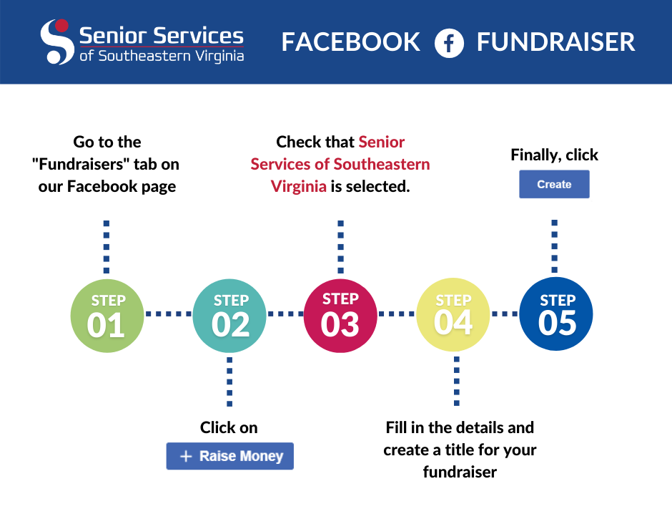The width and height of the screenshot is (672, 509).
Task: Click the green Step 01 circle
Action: (x=107, y=316)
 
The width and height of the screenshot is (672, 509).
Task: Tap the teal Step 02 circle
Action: (x=229, y=316)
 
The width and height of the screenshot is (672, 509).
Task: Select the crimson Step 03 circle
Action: (x=340, y=316)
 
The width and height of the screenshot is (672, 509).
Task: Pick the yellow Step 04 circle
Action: (x=453, y=314)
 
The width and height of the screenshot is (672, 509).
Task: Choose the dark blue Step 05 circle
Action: (x=556, y=314)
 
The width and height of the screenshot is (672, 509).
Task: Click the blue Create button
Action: (x=554, y=184)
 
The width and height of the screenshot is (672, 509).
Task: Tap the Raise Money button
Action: (x=230, y=456)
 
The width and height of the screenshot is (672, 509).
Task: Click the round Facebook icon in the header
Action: (x=449, y=43)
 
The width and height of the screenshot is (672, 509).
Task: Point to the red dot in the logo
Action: (x=62, y=25)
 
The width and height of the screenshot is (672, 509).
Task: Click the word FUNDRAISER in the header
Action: (x=556, y=42)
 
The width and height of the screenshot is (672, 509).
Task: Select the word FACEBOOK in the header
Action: (x=350, y=42)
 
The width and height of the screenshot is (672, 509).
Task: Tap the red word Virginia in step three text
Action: (x=299, y=187)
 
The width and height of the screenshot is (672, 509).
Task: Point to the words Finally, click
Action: (x=554, y=155)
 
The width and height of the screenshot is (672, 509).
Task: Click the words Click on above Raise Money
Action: (x=229, y=427)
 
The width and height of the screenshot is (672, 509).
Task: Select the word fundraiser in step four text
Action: (x=460, y=472)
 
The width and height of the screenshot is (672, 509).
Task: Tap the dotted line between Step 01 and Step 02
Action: (x=169, y=314)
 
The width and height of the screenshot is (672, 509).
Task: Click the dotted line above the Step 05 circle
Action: (x=555, y=246)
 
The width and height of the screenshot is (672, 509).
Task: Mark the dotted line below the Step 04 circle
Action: (x=456, y=381)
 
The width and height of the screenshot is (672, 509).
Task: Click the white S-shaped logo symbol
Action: (x=56, y=42)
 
